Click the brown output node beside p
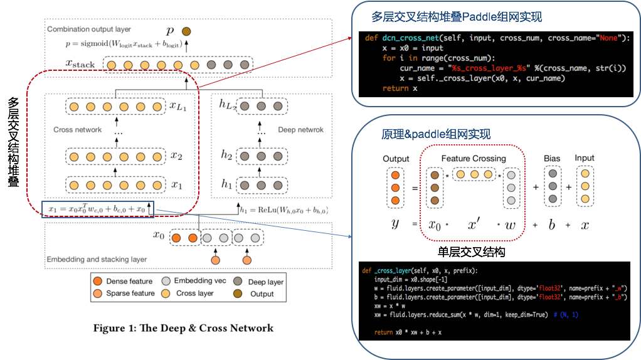[186, 31]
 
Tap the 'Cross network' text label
[77, 130]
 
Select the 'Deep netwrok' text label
[301, 130]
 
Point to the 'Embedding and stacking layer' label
[97, 259]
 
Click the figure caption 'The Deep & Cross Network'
[183, 328]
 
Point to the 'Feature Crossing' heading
[474, 158]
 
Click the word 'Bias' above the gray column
[552, 158]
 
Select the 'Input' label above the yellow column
[585, 158]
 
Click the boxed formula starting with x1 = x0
[97, 208]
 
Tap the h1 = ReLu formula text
[284, 209]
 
